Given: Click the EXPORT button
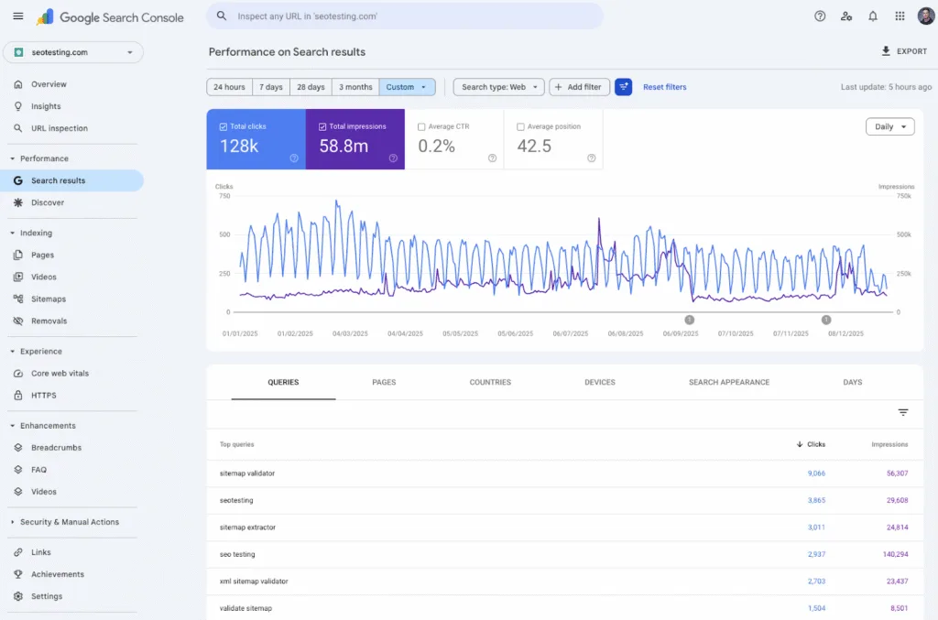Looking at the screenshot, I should click(903, 51).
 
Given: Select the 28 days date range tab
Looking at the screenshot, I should click(311, 87).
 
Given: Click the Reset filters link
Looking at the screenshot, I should click(664, 87).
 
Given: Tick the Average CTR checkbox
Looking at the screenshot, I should click(421, 127).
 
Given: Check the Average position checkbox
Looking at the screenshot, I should click(521, 127).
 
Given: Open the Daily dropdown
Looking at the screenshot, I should click(889, 126).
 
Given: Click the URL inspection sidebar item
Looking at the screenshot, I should click(59, 128).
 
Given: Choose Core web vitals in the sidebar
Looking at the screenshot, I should click(60, 374).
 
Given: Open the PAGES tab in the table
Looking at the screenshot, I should click(384, 382).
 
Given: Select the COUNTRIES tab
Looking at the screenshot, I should click(490, 382).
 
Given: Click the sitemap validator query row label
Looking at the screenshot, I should click(247, 473).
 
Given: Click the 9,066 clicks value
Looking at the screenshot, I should click(815, 473).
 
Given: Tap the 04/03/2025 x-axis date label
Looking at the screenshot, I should click(350, 334).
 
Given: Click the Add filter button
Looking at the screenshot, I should click(579, 87).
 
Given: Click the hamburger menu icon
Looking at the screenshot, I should click(18, 16).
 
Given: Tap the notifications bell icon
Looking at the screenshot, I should click(872, 16).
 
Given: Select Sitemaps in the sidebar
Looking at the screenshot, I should click(49, 299).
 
